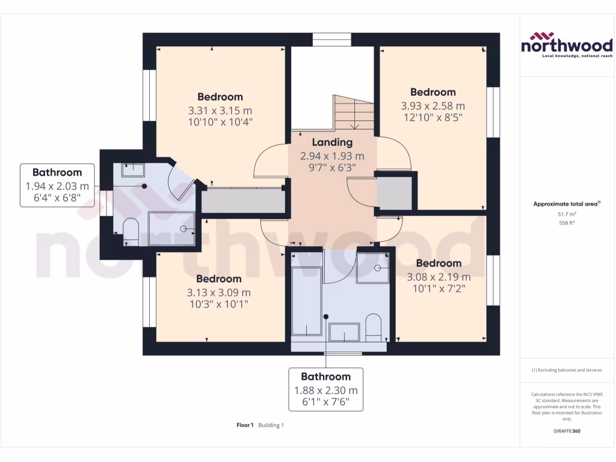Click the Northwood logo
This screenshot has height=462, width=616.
click(566, 45)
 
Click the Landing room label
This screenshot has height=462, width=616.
click(332, 143)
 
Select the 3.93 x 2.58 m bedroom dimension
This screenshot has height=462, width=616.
click(433, 105)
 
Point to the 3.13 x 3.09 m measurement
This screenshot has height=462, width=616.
click(219, 292)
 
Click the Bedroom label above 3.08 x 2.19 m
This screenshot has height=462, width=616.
click(439, 263)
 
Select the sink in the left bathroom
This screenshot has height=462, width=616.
click(132, 170)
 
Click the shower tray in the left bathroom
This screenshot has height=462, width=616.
click(172, 229)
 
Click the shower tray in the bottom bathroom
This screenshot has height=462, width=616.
click(373, 267)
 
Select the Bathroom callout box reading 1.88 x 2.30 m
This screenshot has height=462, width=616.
click(325, 390)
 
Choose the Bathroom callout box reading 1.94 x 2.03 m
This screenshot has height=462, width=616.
click(57, 185)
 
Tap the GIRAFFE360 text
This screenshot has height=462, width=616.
click(566, 431)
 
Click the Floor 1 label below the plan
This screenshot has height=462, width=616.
click(245, 425)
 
